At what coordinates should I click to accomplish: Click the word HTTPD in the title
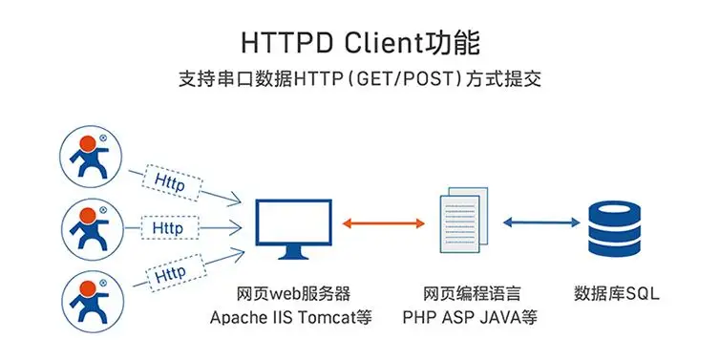click(x=288, y=44)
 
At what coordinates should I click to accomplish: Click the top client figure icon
click(x=92, y=156)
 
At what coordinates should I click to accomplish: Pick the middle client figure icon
click(x=93, y=229)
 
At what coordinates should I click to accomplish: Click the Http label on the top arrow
click(x=169, y=182)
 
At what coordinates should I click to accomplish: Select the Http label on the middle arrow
click(x=168, y=227)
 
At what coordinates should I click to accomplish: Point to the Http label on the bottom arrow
click(x=170, y=275)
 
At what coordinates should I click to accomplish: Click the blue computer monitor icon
click(x=294, y=229)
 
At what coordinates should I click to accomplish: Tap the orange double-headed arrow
click(x=384, y=223)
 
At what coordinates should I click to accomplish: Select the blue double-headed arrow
click(x=541, y=222)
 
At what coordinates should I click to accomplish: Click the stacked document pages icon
click(x=464, y=220)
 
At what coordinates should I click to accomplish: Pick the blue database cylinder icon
click(x=614, y=229)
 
